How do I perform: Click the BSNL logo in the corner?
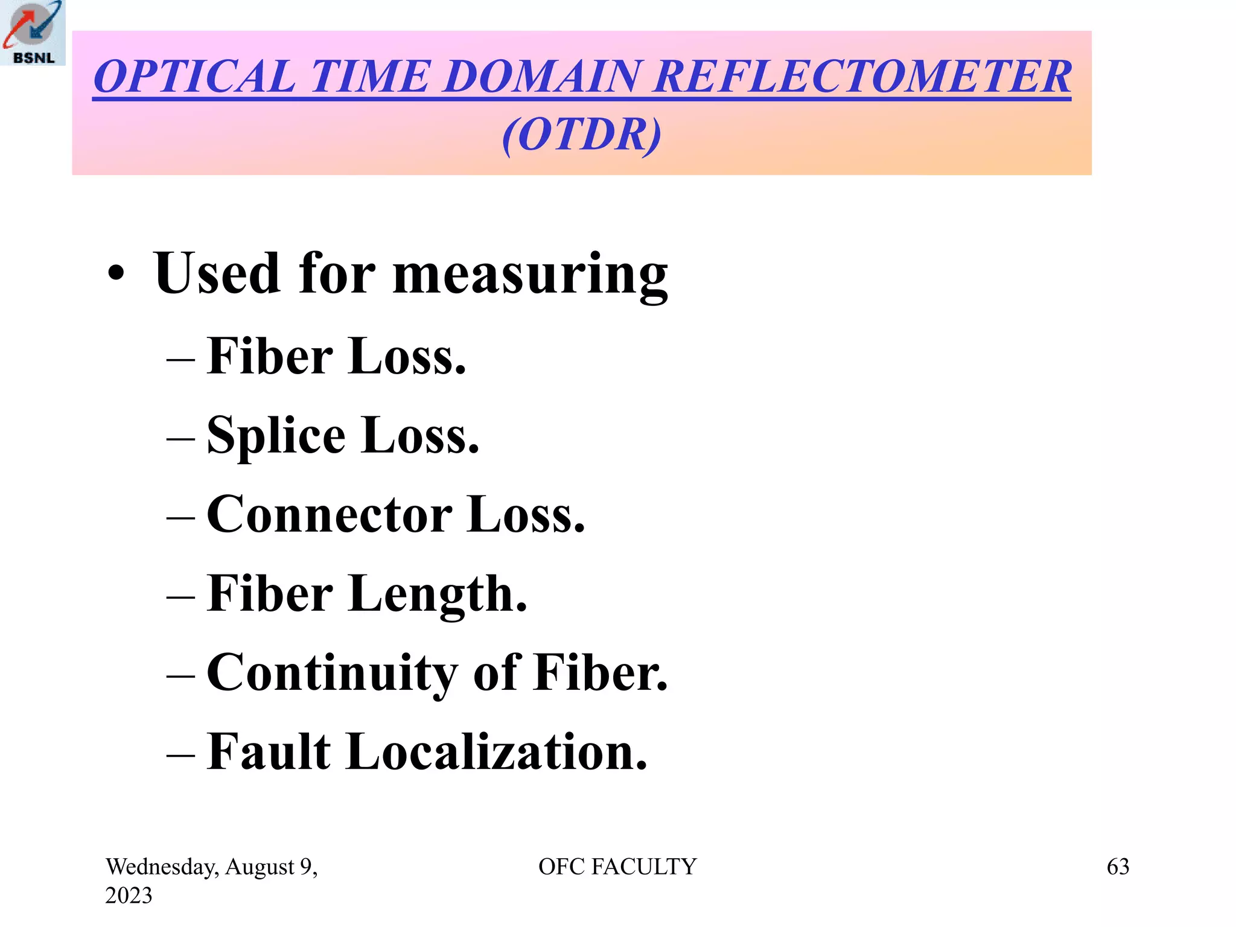click(x=33, y=33)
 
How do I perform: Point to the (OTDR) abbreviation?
click(x=581, y=134)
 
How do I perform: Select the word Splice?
click(x=276, y=436)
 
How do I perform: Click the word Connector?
click(x=329, y=514)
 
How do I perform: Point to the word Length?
click(x=438, y=594)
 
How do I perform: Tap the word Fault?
click(x=269, y=752)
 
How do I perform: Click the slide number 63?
click(x=1118, y=867)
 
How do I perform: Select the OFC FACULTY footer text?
click(x=617, y=867)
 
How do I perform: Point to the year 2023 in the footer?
click(x=129, y=896)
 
